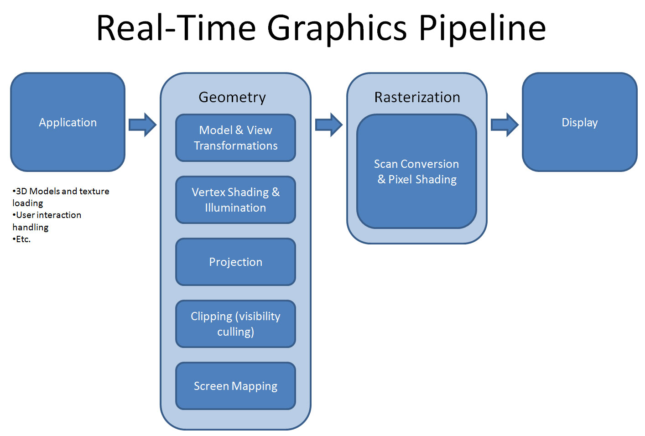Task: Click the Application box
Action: coord(68,122)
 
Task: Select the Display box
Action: coord(579,122)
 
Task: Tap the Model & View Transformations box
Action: coord(235,138)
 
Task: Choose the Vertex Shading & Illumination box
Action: coord(235,200)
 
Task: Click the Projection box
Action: coord(235,262)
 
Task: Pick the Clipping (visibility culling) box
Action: coord(235,324)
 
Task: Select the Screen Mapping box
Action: coord(235,386)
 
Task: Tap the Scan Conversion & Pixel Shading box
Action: coord(416,171)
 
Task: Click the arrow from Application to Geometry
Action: coord(142,125)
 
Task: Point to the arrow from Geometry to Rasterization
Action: coord(328,125)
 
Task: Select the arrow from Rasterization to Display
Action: coord(505,125)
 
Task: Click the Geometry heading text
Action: coord(232,97)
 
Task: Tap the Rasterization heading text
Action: coord(417,97)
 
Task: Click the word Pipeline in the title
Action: coord(482,28)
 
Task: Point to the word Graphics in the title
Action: coord(337,28)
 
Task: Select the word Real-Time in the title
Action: coord(176,28)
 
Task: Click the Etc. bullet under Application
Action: coord(23,239)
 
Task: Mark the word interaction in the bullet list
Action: coord(59,215)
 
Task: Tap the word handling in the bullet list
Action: coord(30,227)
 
